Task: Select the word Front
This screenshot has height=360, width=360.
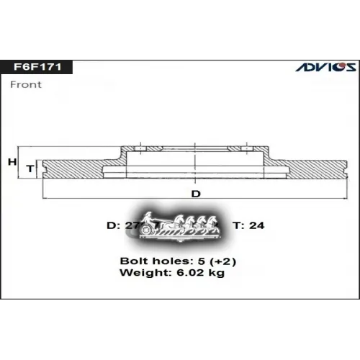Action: point(27,84)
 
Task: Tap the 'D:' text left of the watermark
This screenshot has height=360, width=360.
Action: point(113,225)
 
